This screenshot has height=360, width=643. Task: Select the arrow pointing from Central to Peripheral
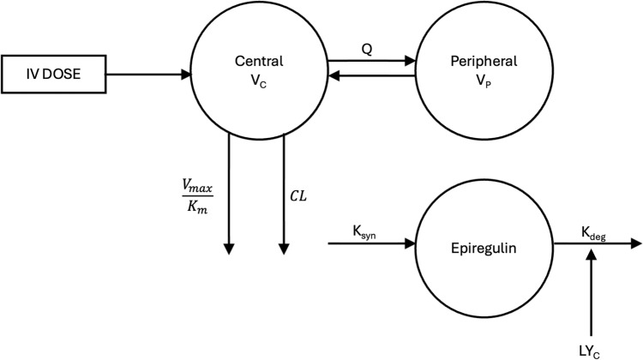coord(370,62)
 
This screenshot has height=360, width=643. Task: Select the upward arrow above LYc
coord(592,287)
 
